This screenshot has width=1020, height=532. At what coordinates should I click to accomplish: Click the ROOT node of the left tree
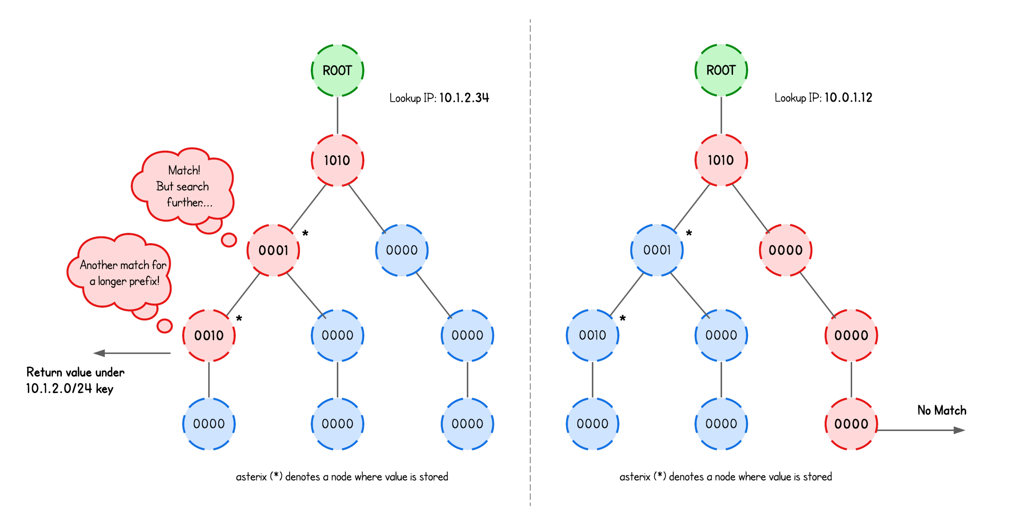(337, 70)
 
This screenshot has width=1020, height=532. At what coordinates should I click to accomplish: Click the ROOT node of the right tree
(721, 70)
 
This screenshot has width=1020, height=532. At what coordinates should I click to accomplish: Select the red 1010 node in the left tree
(337, 160)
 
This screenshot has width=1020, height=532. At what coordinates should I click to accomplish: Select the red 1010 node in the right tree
(721, 160)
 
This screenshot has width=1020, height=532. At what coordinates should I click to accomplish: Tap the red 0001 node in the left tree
(273, 250)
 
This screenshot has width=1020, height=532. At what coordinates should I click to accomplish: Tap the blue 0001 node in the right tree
(657, 250)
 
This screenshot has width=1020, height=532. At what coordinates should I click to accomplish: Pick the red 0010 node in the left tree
(209, 335)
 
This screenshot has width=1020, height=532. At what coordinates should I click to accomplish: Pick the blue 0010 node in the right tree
(592, 335)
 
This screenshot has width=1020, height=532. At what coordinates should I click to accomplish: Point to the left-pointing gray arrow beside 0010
(131, 353)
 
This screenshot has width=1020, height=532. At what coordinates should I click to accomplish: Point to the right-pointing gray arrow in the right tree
(923, 430)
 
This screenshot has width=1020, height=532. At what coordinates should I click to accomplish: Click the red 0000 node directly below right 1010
(786, 250)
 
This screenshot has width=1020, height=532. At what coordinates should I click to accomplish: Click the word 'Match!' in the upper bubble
(184, 170)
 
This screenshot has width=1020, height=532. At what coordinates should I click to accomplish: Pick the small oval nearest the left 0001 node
(229, 240)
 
